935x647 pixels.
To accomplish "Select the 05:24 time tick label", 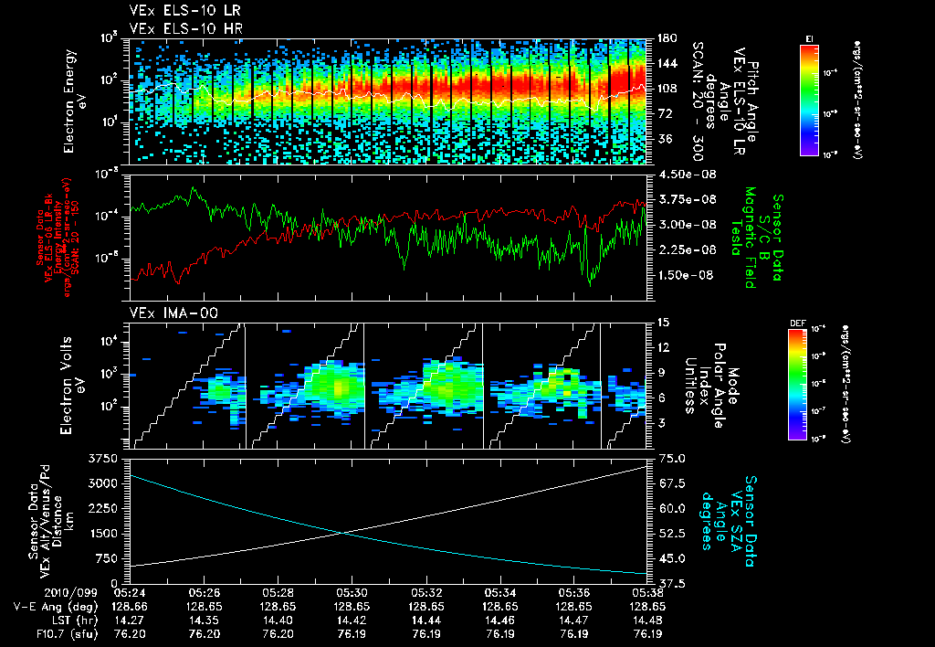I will [129, 592].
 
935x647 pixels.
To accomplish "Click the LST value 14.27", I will [129, 620].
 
